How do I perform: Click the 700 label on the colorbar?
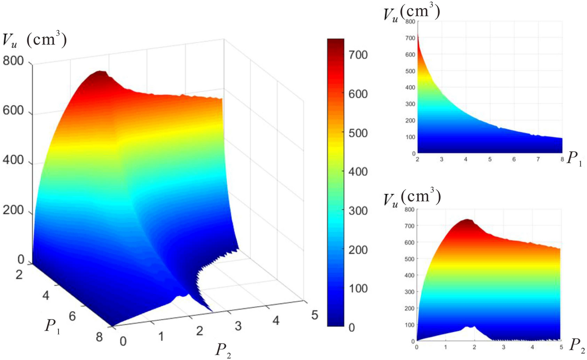(358, 55)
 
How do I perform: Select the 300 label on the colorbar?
(358, 210)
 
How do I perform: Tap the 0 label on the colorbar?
(352, 327)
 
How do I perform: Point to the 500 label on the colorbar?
(358, 133)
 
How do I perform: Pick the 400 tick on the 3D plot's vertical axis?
(14, 160)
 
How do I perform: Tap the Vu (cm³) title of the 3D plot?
(34, 40)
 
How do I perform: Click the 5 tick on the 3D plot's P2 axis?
(315, 315)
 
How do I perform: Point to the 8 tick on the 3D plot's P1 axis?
(99, 337)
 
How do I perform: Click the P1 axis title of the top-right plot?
(574, 159)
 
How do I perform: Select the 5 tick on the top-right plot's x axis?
(490, 159)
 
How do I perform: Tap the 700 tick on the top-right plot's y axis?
(410, 38)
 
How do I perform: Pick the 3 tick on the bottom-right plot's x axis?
(503, 347)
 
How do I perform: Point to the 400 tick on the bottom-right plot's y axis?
(410, 275)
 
